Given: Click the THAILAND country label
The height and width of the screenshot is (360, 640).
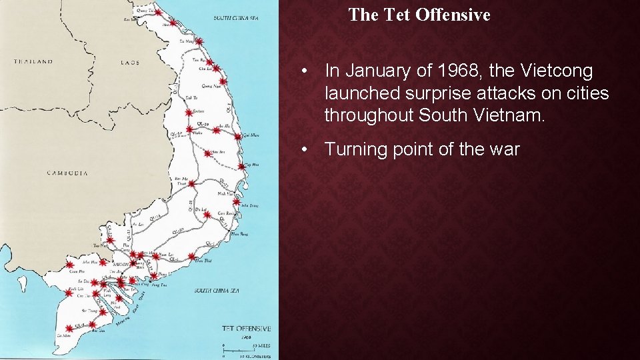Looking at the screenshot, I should pos(33,62).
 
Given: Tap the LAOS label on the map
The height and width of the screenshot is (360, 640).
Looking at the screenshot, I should pos(130,63).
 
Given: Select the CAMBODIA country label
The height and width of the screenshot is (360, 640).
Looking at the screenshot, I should pos(67,173).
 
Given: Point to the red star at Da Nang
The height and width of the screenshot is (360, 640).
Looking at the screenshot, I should pos(199,41).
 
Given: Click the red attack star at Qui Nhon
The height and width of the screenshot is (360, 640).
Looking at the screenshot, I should pos(238,137).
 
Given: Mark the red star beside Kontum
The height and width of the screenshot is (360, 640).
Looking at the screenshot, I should pos(189,111).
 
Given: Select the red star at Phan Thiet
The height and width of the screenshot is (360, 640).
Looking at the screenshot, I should pos(192,257).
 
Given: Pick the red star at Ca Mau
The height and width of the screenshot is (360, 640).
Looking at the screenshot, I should pos(69,329).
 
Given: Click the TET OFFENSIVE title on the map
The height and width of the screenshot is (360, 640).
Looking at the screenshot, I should pos(246,329).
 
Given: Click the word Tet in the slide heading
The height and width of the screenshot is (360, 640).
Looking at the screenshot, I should pos(397,15).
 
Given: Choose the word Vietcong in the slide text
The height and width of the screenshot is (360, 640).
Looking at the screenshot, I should pos(545,71).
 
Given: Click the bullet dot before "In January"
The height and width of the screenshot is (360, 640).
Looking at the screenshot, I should pos(303,71).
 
